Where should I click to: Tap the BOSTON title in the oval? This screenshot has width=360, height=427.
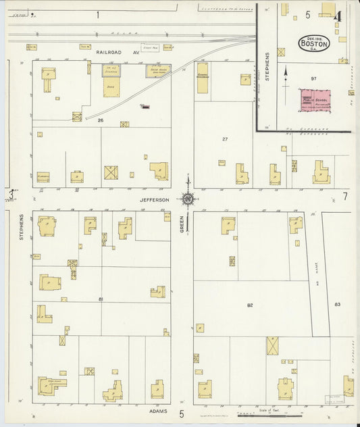(314, 44)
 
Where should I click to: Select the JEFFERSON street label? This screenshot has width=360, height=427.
(155, 199)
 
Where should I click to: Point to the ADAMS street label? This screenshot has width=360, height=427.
(157, 410)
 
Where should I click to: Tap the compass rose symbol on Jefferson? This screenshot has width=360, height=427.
(187, 199)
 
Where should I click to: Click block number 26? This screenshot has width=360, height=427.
(100, 120)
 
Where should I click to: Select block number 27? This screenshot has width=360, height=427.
(225, 139)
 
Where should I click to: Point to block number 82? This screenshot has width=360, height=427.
(249, 305)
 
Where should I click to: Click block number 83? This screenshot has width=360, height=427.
(336, 305)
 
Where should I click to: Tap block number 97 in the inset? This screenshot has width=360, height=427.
(313, 79)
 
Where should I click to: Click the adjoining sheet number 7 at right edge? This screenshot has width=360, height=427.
(344, 197)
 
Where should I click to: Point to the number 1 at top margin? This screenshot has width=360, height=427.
(98, 14)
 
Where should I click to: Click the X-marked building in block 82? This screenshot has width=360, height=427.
(272, 345)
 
